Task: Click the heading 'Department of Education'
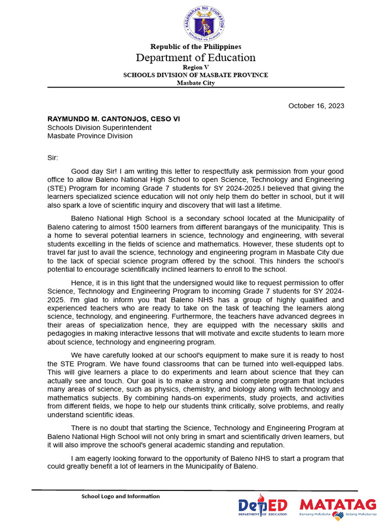pos(195,58)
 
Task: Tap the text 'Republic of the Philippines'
pos(195,47)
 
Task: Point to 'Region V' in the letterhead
pos(195,67)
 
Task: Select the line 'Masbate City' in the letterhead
pos(195,83)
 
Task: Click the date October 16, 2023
pos(316,106)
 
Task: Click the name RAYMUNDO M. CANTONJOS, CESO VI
pos(113,119)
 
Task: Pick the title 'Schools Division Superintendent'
pos(100,127)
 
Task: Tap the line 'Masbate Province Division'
pos(90,136)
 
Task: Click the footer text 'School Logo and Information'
pos(120,496)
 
